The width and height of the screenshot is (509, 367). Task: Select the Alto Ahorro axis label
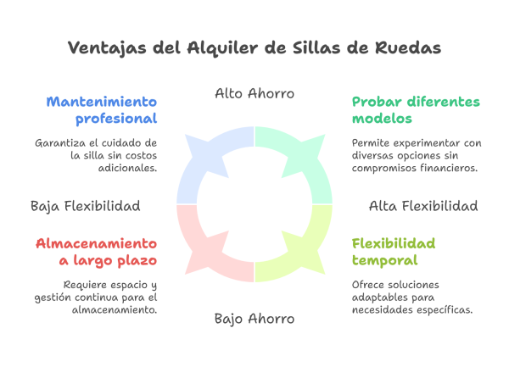tap(255, 94)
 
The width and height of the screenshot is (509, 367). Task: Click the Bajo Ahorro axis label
tap(255, 319)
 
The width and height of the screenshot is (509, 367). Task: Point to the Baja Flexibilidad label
tap(85, 206)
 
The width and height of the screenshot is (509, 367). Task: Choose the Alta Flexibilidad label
tap(423, 206)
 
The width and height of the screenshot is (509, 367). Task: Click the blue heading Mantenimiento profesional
tap(103, 110)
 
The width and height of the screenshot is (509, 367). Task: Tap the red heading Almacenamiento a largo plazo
tap(97, 252)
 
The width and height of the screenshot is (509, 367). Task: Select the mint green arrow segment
tap(301, 161)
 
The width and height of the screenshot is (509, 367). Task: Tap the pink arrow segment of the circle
tap(208, 250)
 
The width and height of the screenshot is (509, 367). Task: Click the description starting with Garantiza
tap(96, 156)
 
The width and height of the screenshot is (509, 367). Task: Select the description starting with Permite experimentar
tap(416, 156)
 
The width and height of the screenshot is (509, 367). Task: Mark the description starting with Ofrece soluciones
tap(411, 297)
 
